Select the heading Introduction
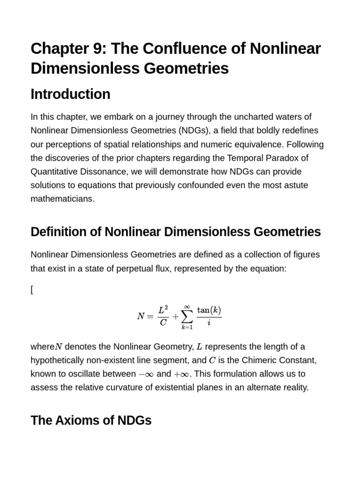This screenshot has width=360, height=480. (70, 94)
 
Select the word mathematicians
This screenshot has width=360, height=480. (62, 198)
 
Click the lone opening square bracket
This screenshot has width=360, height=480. (32, 290)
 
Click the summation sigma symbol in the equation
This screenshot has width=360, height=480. (187, 317)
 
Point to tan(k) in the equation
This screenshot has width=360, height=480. (209, 310)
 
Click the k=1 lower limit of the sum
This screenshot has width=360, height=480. (187, 327)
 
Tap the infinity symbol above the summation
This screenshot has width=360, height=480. (187, 306)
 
